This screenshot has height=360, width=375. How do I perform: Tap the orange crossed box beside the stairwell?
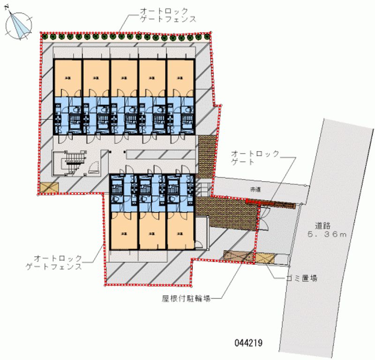pyautogui.click(x=49, y=187)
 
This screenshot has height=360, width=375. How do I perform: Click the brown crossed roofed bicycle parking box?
pyautogui.click(x=238, y=256)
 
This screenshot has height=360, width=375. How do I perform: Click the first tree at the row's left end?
pyautogui.click(x=45, y=36)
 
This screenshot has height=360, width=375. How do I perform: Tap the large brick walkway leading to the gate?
pyautogui.click(x=228, y=214)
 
